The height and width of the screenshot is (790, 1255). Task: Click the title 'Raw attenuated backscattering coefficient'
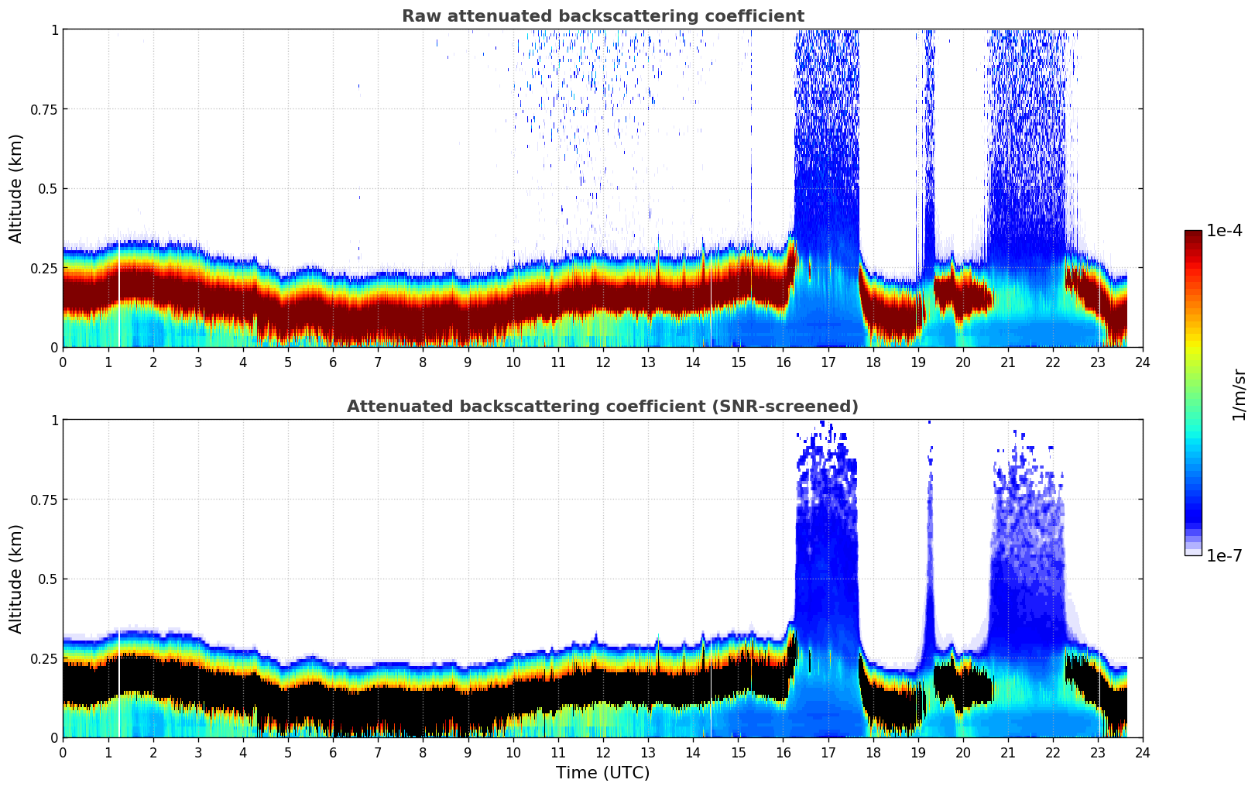pyautogui.click(x=602, y=16)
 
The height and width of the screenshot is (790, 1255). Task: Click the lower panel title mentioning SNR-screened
pyautogui.click(x=602, y=407)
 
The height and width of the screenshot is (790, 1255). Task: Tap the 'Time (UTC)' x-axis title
pyautogui.click(x=602, y=773)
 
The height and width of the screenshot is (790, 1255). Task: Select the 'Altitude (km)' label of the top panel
pyautogui.click(x=16, y=188)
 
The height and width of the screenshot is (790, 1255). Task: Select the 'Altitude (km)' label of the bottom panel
pyautogui.click(x=16, y=579)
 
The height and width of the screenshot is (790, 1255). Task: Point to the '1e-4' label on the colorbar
pyautogui.click(x=1224, y=231)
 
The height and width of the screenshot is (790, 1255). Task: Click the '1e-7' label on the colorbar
pyautogui.click(x=1224, y=555)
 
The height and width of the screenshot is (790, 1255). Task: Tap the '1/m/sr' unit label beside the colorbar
pyautogui.click(x=1239, y=395)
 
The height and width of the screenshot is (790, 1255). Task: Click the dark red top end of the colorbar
pyautogui.click(x=1192, y=235)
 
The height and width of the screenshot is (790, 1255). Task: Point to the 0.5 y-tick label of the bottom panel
pyautogui.click(x=48, y=579)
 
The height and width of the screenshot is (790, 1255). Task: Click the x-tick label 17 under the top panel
pyautogui.click(x=828, y=362)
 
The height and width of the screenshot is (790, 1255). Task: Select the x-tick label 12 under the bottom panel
pyautogui.click(x=603, y=752)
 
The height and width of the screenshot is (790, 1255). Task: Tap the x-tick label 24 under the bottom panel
pyautogui.click(x=1143, y=752)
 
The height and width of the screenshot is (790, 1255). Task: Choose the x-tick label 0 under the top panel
pyautogui.click(x=63, y=362)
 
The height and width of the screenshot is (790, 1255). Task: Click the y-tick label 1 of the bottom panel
pyautogui.click(x=54, y=421)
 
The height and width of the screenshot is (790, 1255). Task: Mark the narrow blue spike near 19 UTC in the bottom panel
pyautogui.click(x=930, y=558)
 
